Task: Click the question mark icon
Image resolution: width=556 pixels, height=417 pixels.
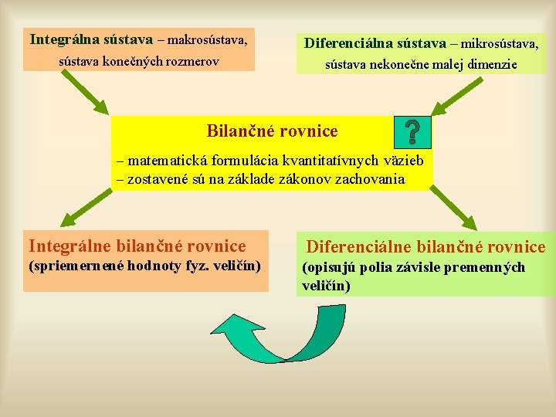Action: (x=412, y=132)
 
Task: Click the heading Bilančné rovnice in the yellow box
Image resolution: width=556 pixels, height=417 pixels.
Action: (x=272, y=131)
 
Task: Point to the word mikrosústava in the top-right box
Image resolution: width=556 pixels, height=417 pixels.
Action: (x=500, y=43)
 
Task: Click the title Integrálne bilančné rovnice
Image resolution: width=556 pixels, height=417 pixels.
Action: (x=137, y=246)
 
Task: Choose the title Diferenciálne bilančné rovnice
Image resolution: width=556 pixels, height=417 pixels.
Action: (x=425, y=247)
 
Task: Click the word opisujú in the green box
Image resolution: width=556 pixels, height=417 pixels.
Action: (x=327, y=267)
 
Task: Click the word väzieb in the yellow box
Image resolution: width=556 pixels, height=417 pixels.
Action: (x=402, y=161)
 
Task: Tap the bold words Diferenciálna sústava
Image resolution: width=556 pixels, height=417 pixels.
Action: (x=375, y=43)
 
